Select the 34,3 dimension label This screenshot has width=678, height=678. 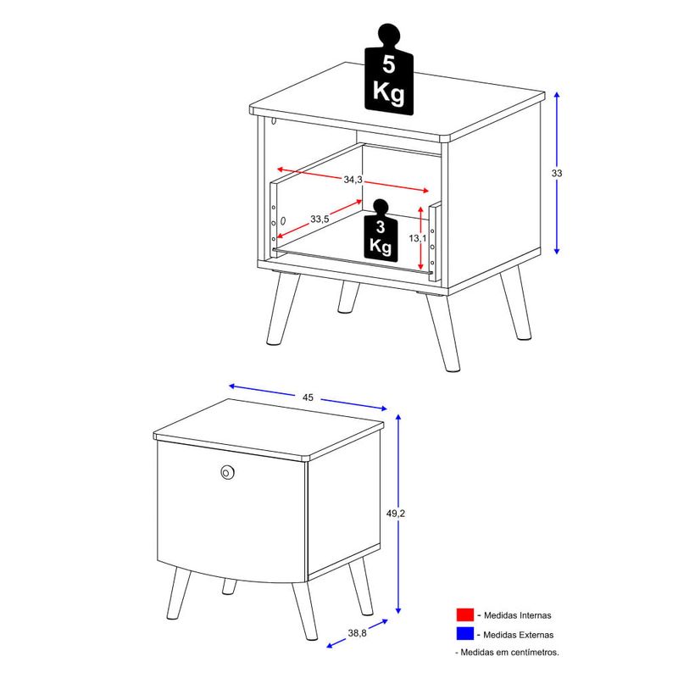[353, 179]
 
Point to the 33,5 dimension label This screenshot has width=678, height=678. [320, 220]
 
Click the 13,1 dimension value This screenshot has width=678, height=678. [418, 238]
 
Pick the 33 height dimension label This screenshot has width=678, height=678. [557, 173]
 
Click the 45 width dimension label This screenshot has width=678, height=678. [308, 397]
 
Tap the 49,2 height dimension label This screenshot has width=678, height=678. [396, 514]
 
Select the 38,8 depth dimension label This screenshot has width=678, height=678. [357, 633]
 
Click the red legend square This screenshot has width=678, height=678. [464, 614]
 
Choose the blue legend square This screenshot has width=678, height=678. [464, 634]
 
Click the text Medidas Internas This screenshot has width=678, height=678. [518, 615]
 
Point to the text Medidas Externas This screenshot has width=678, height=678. [519, 635]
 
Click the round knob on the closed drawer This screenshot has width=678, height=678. [226, 472]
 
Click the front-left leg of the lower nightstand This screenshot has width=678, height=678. [179, 592]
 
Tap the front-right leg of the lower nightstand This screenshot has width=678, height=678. [304, 610]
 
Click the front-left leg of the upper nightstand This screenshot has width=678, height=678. [283, 308]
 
